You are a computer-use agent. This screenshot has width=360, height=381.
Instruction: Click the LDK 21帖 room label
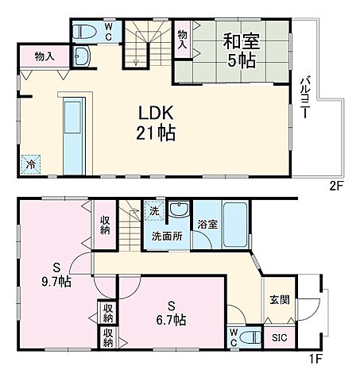pyautogui.click(x=154, y=121)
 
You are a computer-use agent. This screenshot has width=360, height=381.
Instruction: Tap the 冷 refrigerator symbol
pyautogui.click(x=29, y=164)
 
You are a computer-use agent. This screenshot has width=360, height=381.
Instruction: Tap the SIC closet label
pyautogui.click(x=279, y=337)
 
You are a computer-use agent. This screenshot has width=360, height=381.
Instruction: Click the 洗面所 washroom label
pyautogui.click(x=168, y=236)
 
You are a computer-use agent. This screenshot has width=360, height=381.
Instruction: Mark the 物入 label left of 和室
pyautogui.click(x=183, y=39)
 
